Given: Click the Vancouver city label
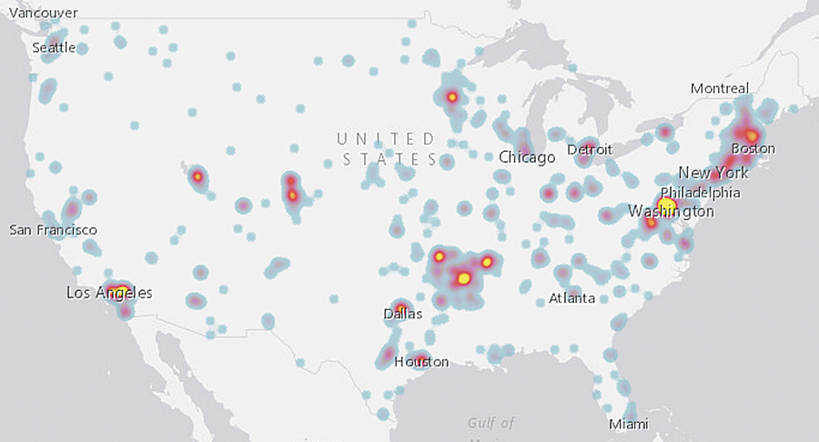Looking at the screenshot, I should (44, 13).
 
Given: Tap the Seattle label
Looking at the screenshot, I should (55, 47).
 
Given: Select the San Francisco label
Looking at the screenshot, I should (53, 230).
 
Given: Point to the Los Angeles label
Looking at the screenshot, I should (109, 293).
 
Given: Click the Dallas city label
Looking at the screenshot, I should (403, 315).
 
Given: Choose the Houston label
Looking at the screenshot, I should (421, 361).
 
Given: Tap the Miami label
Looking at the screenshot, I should (630, 425).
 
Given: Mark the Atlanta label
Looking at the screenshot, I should (572, 298).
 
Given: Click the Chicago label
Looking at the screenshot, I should (527, 157).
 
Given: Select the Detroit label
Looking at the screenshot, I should (590, 149).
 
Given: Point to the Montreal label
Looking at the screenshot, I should (720, 88).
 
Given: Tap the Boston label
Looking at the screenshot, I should (753, 148).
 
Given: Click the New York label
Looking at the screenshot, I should (713, 173).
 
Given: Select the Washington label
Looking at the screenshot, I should (672, 212).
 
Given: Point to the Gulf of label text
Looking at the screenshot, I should (491, 423).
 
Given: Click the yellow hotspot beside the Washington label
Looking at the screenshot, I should (666, 206).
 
